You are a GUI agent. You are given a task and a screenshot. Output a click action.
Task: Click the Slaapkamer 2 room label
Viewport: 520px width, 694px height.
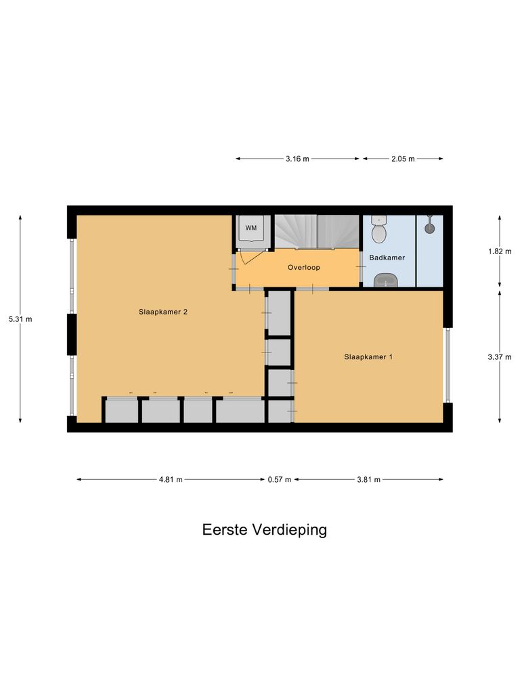(x=162, y=312)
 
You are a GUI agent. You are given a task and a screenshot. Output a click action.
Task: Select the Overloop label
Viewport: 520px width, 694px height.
(x=303, y=267)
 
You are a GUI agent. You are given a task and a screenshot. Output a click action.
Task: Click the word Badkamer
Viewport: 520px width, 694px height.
(x=387, y=258)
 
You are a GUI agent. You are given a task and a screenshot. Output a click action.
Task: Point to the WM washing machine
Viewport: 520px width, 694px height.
(x=251, y=228)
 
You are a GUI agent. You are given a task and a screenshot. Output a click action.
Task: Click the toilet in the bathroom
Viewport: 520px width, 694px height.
(x=379, y=231)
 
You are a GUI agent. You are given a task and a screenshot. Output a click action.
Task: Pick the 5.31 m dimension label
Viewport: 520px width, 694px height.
(x=20, y=319)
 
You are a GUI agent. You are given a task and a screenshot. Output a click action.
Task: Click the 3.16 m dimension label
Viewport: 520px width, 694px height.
(x=297, y=159)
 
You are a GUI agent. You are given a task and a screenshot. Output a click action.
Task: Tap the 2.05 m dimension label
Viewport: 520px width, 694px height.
(x=402, y=159)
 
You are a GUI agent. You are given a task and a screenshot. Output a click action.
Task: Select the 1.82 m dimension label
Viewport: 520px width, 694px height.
(x=499, y=251)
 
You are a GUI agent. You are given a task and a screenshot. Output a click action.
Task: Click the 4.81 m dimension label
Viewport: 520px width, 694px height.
(x=171, y=479)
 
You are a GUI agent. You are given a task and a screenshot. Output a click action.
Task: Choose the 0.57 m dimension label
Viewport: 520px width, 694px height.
(x=279, y=479)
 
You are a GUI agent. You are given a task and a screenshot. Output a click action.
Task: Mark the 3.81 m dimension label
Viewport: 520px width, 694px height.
(x=368, y=479)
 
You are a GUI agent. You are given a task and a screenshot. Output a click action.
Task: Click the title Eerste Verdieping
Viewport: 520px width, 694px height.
(x=264, y=529)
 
